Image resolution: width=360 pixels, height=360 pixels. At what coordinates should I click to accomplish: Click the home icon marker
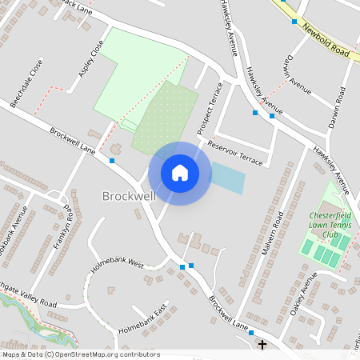pyautogui.click(x=180, y=173)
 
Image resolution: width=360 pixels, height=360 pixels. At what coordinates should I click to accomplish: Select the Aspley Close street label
pyautogui.click(x=91, y=59)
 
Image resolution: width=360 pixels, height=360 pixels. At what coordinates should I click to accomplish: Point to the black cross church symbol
pyautogui.click(x=262, y=344)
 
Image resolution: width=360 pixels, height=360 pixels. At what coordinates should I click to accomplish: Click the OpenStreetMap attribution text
pyautogui.click(x=80, y=354)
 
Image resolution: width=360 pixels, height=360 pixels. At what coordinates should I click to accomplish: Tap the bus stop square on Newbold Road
pyautogui.click(x=294, y=22)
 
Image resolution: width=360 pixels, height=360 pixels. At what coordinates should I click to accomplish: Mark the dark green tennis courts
pyautogui.click(x=326, y=257)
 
